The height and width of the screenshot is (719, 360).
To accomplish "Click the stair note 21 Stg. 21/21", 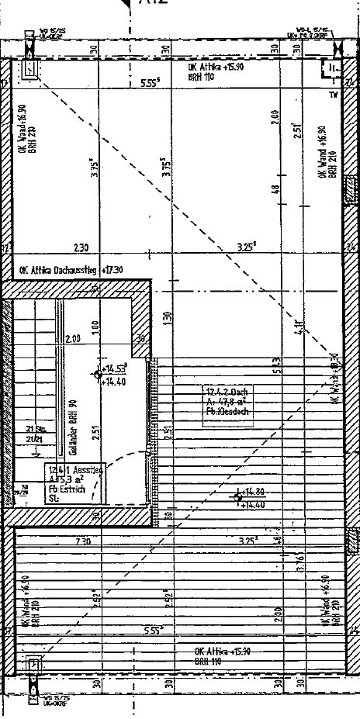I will coord(35,434).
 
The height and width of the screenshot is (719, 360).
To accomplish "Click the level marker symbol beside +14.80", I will coord(238,498).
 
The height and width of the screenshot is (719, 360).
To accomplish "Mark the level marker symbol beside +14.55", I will coord(99,375).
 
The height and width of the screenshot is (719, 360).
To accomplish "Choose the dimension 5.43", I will coord(275,365).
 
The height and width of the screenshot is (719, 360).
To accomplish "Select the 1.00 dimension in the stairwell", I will coord(94,327).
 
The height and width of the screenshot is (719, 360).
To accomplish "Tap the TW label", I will coord(334,95).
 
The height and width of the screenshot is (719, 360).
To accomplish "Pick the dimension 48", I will coord(275,188).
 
